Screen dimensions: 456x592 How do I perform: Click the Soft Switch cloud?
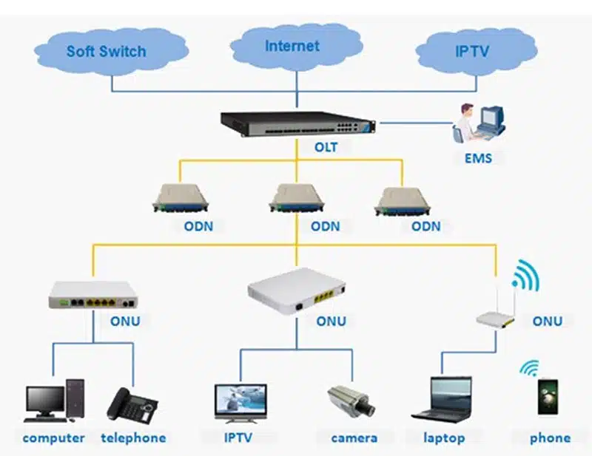coord(110,51)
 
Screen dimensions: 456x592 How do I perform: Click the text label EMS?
coord(478,158)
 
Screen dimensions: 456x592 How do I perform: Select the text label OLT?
coord(326,147)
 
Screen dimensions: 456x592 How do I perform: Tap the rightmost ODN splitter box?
coord(403,200)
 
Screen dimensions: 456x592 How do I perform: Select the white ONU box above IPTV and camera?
coord(297,288)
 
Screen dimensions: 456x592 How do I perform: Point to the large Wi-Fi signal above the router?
coord(526,275)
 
